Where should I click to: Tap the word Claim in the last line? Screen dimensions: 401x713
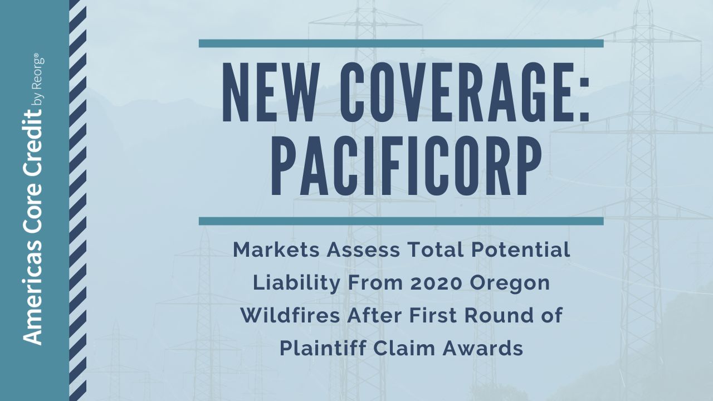[x=402, y=349]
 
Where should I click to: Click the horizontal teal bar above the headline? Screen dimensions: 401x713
[x=401, y=43]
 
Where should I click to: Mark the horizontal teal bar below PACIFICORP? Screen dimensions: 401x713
[x=401, y=221]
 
